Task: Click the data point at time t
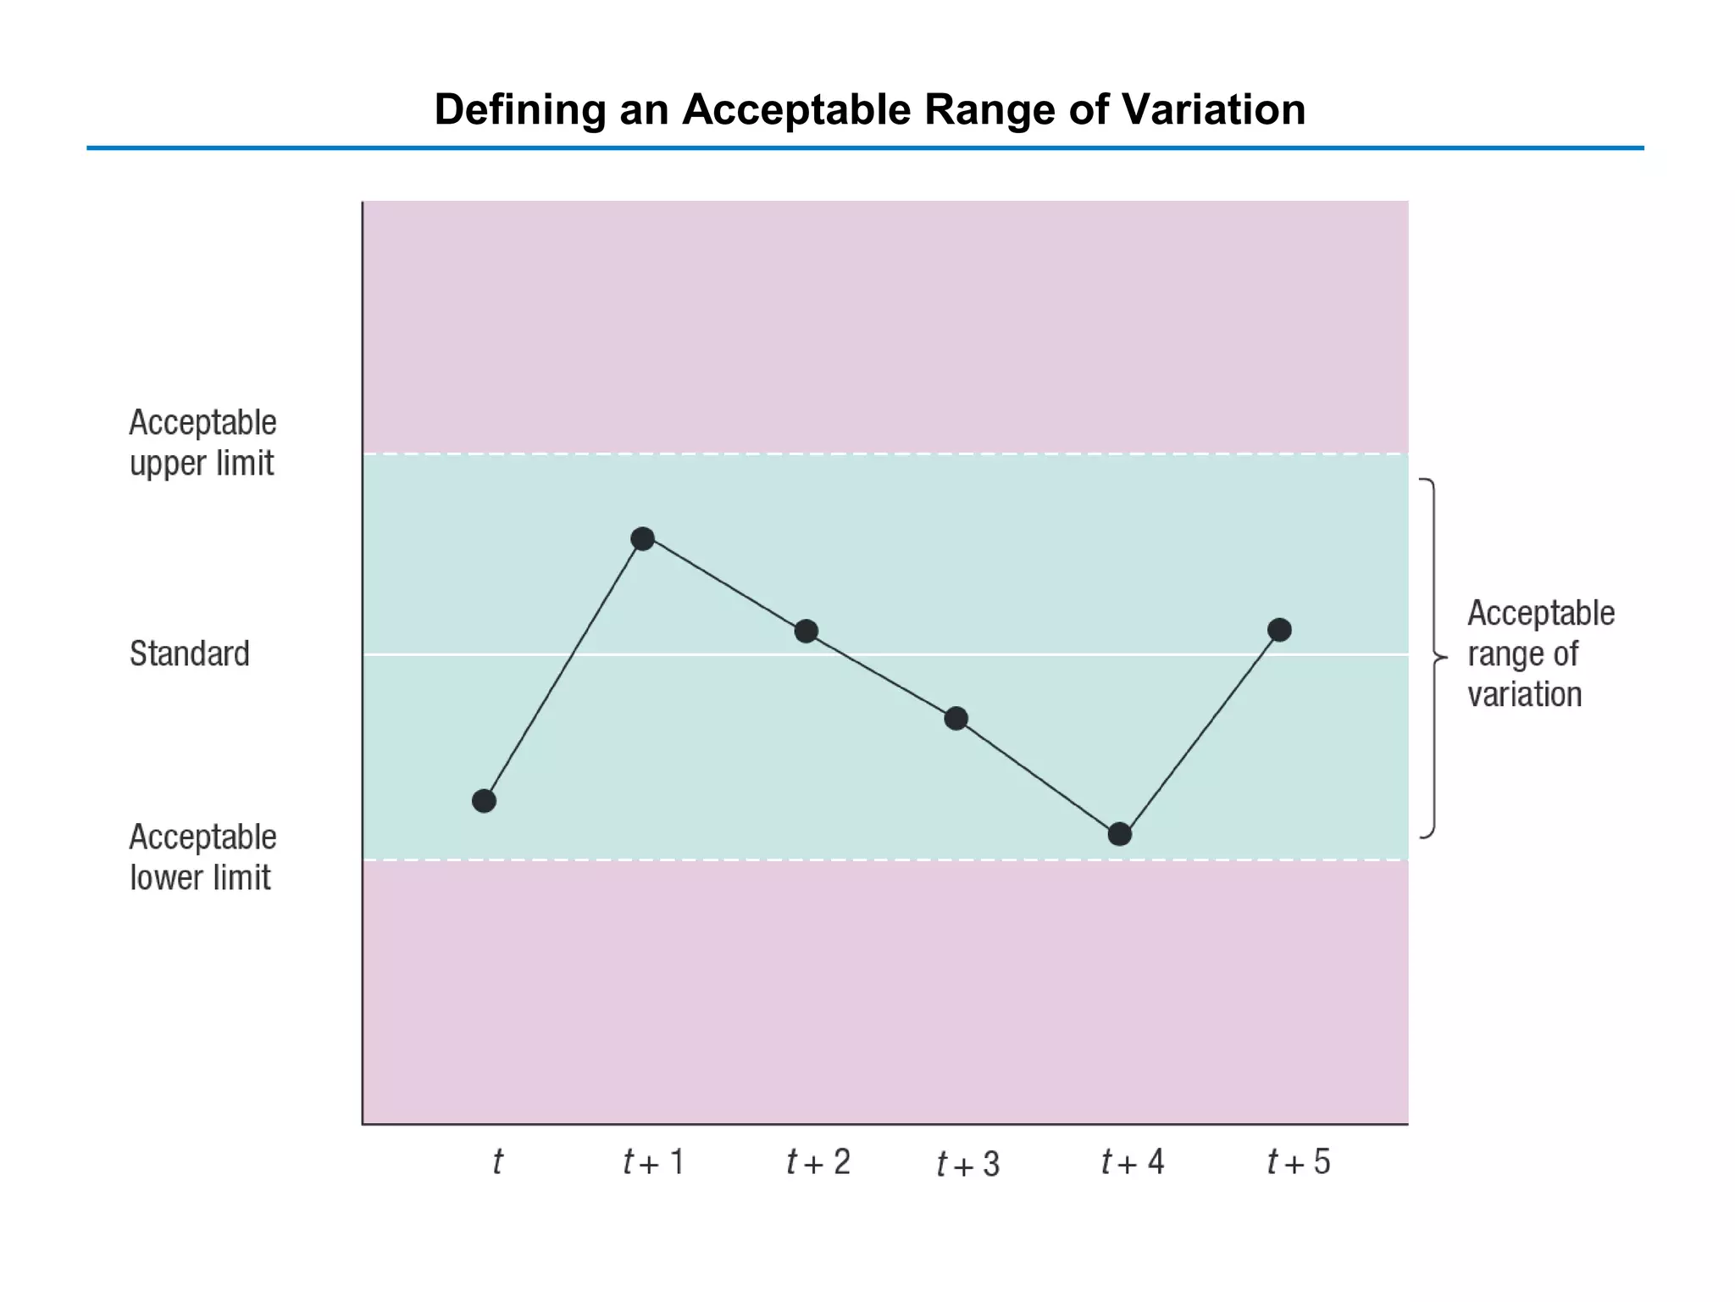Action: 484,801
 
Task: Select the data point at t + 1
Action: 643,538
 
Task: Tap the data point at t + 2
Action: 807,631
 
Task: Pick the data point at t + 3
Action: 956,719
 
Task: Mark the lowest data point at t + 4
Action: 1120,834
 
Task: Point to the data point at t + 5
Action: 1279,630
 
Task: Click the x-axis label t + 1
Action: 653,1162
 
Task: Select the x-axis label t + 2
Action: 818,1162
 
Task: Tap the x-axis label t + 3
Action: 968,1165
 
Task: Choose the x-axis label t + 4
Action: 1133,1162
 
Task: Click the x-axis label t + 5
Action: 1299,1162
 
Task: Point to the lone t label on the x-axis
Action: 497,1162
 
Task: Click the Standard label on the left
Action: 190,654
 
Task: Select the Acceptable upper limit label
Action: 202,443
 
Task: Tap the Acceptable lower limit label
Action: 202,858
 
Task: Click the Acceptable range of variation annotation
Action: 1540,654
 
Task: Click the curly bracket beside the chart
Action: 1433,658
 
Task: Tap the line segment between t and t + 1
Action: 563,670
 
